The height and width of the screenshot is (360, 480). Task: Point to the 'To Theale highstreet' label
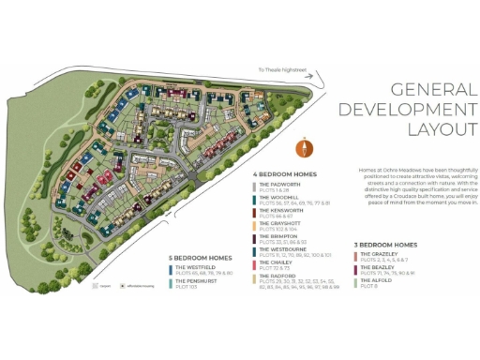(286, 67)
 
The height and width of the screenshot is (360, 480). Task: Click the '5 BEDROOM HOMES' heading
(199, 257)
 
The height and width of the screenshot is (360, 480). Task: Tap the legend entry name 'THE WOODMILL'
(278, 198)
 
